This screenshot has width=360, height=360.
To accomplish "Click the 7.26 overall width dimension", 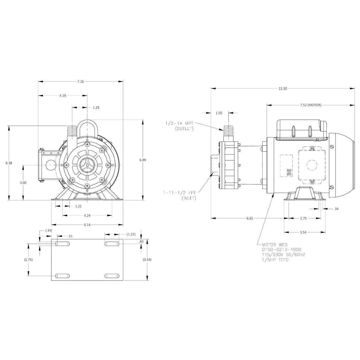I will click(x=80, y=81).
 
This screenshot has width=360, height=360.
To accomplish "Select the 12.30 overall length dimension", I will click(x=283, y=88).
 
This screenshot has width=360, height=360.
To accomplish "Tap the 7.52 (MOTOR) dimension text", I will click(x=310, y=105).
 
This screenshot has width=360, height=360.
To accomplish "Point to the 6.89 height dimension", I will click(x=142, y=160).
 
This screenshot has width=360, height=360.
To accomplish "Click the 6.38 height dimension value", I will click(x=9, y=163).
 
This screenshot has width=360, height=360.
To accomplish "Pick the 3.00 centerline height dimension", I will click(x=23, y=182).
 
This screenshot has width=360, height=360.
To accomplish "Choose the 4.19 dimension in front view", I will click(x=62, y=95).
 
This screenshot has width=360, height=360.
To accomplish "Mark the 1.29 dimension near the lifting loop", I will click(x=96, y=107).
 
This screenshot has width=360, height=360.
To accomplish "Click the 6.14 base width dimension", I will click(x=87, y=224).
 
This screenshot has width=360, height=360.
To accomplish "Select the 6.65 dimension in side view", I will click(x=250, y=218).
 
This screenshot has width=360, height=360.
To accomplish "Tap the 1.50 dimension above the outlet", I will click(x=219, y=113).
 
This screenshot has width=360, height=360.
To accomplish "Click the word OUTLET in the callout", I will click(x=184, y=128).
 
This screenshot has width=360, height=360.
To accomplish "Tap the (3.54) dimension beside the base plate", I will click(x=147, y=259).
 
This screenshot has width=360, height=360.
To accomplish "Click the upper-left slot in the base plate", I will click(x=62, y=244).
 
